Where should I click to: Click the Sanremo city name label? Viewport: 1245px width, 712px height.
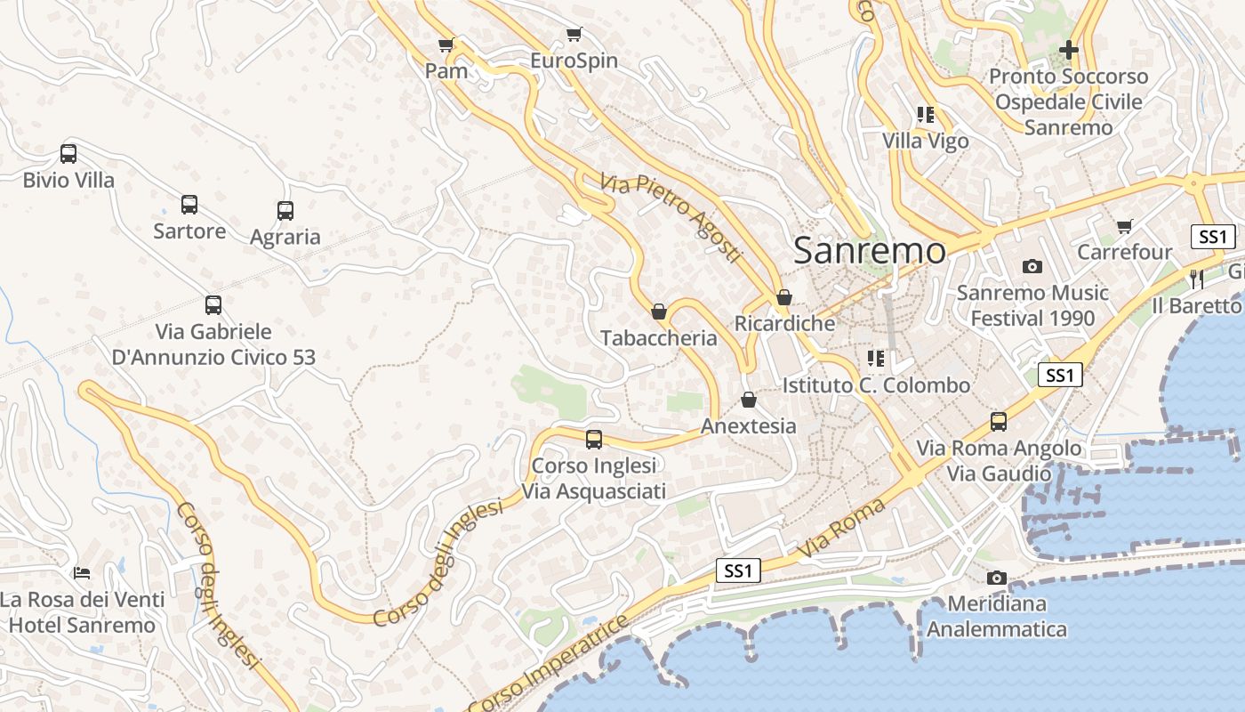[x=869, y=250]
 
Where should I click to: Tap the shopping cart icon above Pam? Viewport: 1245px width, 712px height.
[x=446, y=44]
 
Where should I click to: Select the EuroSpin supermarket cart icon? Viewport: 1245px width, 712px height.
[x=574, y=35]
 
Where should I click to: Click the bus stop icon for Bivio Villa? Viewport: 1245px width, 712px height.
[x=68, y=153]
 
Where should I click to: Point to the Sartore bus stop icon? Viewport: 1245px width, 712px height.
[x=189, y=205]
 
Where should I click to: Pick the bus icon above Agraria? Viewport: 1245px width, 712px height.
[x=285, y=211]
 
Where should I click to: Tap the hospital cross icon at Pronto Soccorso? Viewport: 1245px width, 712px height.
[x=1068, y=50]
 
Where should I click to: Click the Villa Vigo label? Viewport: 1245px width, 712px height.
[x=925, y=141]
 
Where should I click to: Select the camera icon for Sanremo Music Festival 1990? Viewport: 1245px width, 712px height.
[x=1032, y=266]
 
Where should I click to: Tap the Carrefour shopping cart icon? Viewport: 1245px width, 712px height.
[x=1125, y=226]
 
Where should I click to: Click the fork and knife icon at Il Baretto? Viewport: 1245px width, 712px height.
[x=1196, y=279]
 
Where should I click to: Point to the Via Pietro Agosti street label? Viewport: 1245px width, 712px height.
[x=671, y=218]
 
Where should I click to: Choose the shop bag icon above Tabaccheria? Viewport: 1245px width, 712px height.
[x=659, y=311]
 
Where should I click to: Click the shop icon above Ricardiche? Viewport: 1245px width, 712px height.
[x=783, y=297]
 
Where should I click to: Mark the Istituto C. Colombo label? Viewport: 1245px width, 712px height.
[x=876, y=385]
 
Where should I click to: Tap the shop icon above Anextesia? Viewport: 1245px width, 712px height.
[x=749, y=400]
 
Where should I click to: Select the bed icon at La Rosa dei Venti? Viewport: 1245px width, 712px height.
[x=82, y=572]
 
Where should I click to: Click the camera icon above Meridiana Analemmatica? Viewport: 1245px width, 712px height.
[x=996, y=578]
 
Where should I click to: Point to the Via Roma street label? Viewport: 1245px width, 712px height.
[x=842, y=530]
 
